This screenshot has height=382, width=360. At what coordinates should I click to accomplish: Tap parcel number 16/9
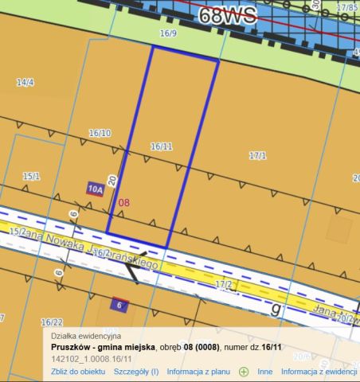167,34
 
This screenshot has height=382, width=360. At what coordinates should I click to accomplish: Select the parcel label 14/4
25,82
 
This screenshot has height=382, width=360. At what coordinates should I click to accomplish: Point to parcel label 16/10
100,133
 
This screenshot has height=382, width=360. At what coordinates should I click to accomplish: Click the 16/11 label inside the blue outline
162,146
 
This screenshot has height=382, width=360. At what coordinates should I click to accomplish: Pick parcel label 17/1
257,156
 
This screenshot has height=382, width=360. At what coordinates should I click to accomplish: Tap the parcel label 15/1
31,176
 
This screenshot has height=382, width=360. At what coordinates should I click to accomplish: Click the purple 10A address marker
96,189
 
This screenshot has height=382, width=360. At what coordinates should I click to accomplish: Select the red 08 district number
123,204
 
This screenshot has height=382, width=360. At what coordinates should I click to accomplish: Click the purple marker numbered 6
119,306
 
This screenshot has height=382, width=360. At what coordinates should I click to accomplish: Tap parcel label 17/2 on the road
224,284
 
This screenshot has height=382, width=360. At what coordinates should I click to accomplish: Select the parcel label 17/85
346,7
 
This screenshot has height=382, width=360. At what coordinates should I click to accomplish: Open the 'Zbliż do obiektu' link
78,372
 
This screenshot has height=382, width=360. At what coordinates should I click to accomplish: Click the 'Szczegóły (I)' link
136,372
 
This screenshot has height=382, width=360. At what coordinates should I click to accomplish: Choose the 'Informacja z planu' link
198,372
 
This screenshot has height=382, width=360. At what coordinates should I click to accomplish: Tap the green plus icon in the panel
244,372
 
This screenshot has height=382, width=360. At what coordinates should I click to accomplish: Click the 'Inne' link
265,372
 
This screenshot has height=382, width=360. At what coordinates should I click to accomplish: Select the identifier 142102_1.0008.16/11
91,359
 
